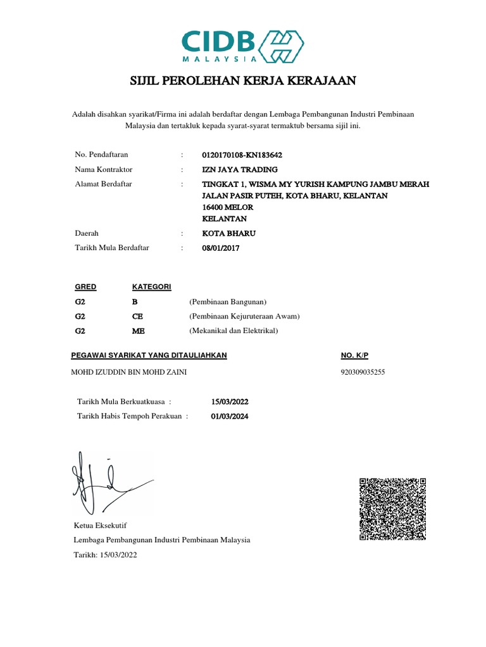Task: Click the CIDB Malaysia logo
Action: pos(242,45)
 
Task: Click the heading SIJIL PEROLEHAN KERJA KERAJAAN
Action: pos(243,81)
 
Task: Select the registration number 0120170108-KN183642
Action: pos(242,155)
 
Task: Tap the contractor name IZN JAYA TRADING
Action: pos(239,169)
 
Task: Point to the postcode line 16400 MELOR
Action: pos(227,207)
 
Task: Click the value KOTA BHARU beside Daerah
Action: pos(220,233)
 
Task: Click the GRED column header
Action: pos(85,287)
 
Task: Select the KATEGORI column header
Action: pos(151,287)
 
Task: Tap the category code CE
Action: pos(138,316)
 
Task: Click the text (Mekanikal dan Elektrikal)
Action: pos(234,330)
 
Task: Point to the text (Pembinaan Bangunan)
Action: pos(228,301)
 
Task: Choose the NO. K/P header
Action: pos(354,356)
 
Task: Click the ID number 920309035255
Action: pos(363,372)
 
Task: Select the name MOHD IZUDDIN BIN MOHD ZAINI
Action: pos(128,372)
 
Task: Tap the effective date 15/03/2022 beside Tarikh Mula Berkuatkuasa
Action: pos(230,401)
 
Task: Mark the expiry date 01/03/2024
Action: pos(230,416)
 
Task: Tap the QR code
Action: pos(393,509)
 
